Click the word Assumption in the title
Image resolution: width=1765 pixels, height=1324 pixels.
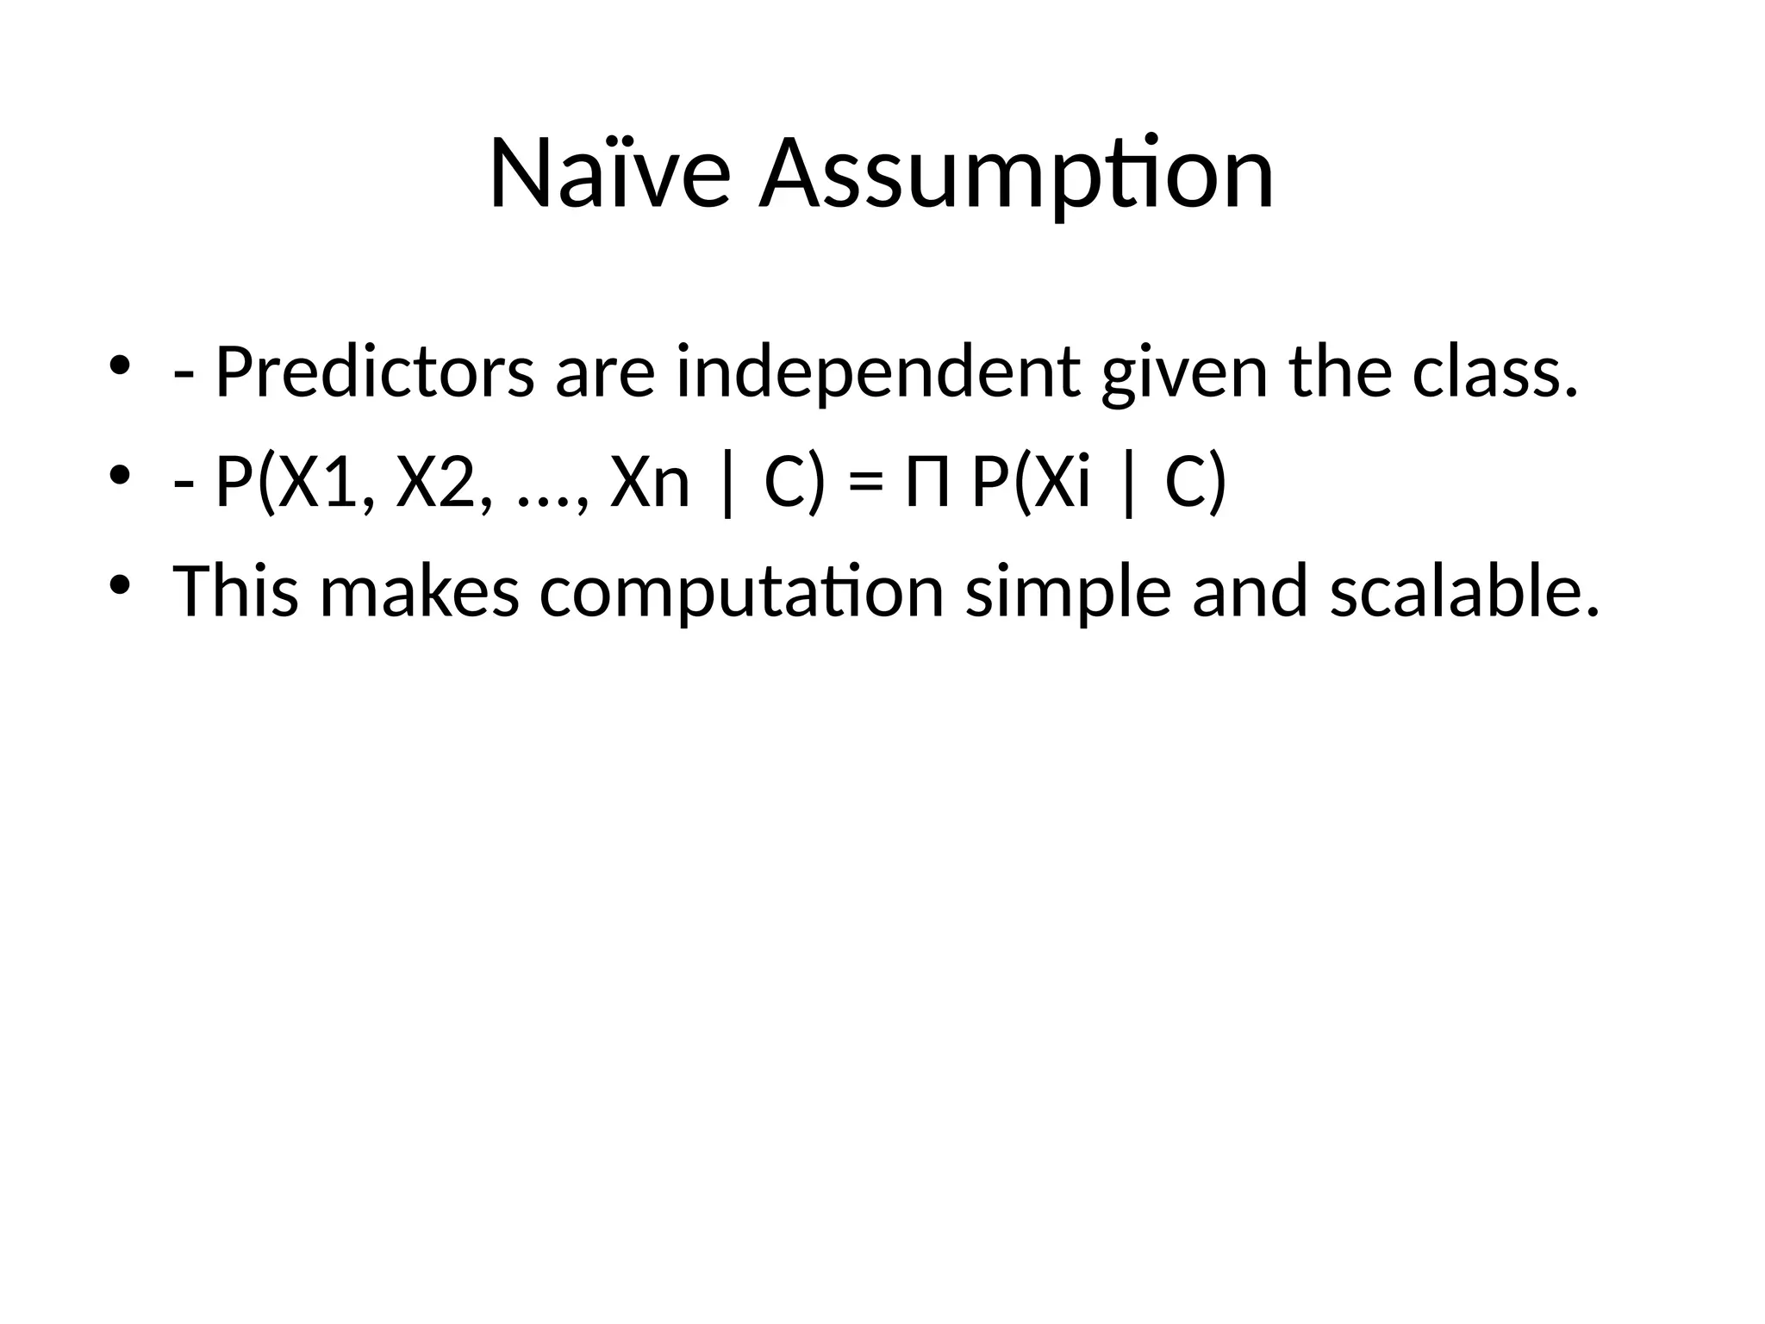pyautogui.click(x=1016, y=175)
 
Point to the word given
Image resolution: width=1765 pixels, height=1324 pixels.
pyautogui.click(x=1185, y=373)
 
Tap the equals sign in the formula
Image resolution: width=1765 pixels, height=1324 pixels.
pyautogui.click(x=866, y=484)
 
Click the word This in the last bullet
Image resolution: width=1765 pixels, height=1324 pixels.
pyautogui.click(x=236, y=592)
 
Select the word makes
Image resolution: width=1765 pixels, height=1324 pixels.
pyautogui.click(x=420, y=592)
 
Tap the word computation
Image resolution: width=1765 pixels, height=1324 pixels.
pyautogui.click(x=742, y=592)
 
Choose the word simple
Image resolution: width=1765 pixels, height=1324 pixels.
pyautogui.click(x=1068, y=592)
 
